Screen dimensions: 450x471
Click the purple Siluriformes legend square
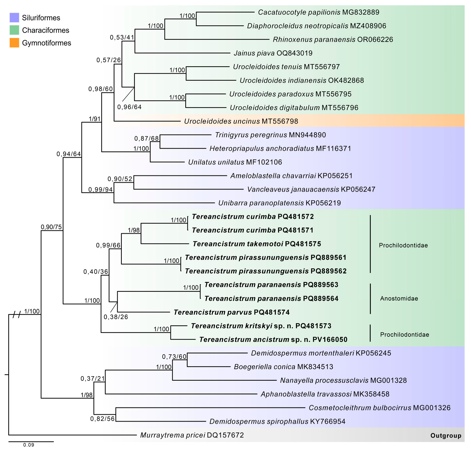tap(14, 18)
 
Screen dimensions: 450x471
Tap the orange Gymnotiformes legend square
tap(14, 43)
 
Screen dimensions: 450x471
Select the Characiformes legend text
tap(45, 30)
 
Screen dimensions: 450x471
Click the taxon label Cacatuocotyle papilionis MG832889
tap(318, 12)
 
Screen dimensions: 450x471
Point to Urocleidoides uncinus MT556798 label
tap(241, 121)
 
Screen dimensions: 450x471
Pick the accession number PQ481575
tap(303, 244)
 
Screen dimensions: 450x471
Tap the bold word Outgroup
tap(446, 436)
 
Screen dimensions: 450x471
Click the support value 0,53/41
tap(122, 38)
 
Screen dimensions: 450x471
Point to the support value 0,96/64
tap(129, 107)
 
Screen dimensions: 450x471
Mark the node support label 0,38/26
tap(116, 317)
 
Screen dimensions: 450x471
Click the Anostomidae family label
tap(399, 298)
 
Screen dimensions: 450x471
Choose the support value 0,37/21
tap(93, 379)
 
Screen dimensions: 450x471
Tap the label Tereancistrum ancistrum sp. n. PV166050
tap(273, 340)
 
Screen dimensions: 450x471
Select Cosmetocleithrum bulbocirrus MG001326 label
tap(379, 408)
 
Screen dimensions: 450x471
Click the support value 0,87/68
tap(146, 139)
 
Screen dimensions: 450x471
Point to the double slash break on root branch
tap(17, 314)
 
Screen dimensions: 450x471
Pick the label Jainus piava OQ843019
tap(273, 53)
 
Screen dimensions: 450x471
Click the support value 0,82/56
tap(102, 419)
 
